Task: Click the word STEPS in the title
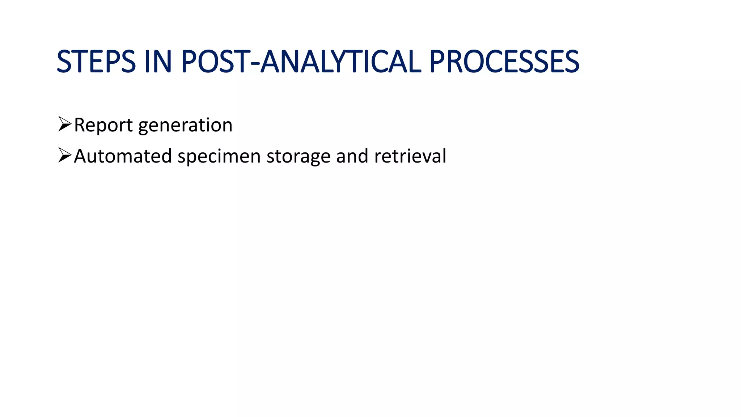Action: (x=96, y=62)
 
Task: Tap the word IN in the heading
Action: (x=158, y=62)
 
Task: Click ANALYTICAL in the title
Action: (x=341, y=62)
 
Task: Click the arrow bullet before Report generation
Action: (x=65, y=124)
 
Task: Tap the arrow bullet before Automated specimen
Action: (x=65, y=155)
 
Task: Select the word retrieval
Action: (x=410, y=156)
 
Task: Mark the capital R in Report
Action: (x=80, y=125)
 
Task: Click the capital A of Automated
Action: (x=80, y=156)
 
